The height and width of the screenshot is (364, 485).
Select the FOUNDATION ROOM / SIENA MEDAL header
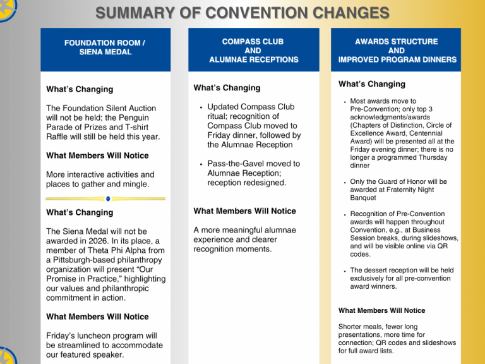pos(105,47)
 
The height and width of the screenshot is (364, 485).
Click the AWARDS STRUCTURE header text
pos(397,41)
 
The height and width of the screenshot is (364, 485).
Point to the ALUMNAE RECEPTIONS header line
pos(254,59)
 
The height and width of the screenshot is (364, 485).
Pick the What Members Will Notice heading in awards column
pos(381,310)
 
